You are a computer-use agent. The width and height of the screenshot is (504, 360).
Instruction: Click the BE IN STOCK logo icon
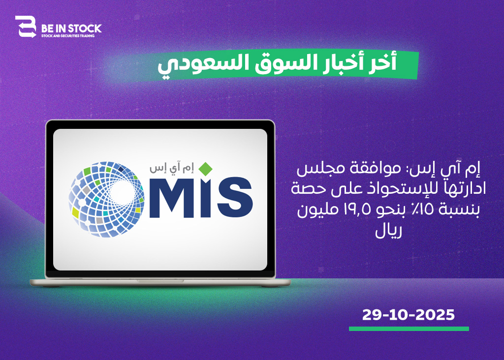click(x=26, y=27)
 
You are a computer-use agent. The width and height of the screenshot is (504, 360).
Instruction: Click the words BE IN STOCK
click(x=71, y=29)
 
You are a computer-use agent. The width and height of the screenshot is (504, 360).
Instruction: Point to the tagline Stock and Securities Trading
click(x=68, y=35)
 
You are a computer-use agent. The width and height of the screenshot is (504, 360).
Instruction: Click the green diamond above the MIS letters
click(x=205, y=169)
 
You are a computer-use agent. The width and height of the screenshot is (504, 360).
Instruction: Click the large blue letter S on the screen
click(x=235, y=197)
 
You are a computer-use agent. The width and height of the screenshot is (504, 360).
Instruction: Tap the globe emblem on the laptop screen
click(x=106, y=199)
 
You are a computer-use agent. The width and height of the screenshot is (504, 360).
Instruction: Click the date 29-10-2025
click(x=409, y=315)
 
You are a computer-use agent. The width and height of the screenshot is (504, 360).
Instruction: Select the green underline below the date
click(x=409, y=329)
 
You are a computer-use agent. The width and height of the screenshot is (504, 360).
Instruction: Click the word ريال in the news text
click(x=389, y=231)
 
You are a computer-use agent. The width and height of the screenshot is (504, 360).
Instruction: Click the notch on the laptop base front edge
click(x=160, y=281)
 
